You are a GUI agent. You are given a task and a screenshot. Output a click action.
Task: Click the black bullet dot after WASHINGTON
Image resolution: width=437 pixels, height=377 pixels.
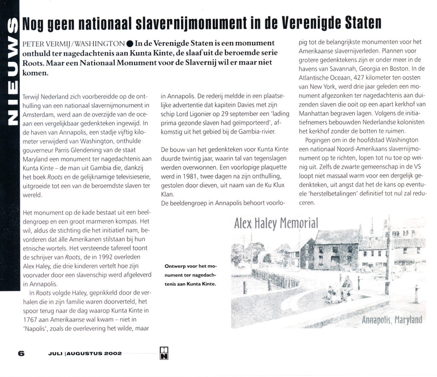pos(130,44)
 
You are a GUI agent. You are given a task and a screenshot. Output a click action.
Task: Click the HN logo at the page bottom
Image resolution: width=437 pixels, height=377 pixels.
pos(164,353)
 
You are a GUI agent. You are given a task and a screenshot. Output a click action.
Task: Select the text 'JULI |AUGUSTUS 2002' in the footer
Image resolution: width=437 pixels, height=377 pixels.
pos(85,354)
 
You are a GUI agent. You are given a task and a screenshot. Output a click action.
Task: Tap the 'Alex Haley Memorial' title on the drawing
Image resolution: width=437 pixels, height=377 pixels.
pos(276,223)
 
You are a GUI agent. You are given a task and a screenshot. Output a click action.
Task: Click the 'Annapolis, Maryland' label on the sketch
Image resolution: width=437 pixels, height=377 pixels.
pos(392,319)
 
